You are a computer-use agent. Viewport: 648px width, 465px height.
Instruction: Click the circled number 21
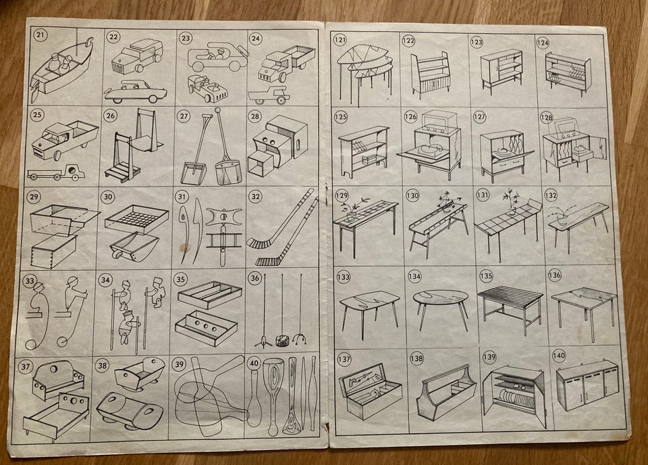tap(40, 34)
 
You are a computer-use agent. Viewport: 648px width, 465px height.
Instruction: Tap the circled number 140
tap(559, 356)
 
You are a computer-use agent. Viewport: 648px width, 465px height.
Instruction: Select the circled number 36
tap(255, 278)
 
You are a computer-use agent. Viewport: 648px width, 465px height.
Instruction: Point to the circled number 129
tap(342, 195)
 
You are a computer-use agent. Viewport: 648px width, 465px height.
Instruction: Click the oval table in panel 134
tap(441, 309)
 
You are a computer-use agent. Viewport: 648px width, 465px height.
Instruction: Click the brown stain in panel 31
tap(184, 248)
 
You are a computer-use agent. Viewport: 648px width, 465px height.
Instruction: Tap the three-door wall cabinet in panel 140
tap(587, 385)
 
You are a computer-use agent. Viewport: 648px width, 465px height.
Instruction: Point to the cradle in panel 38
tap(138, 374)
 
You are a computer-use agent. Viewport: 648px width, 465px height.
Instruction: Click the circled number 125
tap(340, 117)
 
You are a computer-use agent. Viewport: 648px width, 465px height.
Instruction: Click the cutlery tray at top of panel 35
tap(209, 294)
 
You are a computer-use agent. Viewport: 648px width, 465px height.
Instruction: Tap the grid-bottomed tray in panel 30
tap(137, 219)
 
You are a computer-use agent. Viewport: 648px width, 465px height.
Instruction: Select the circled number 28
tap(255, 116)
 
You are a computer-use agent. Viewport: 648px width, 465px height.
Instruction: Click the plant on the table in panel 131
tap(512, 201)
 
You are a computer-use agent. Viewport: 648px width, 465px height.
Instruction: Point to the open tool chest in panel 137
tap(369, 391)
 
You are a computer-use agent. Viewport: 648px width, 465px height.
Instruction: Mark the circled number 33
tap(30, 281)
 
